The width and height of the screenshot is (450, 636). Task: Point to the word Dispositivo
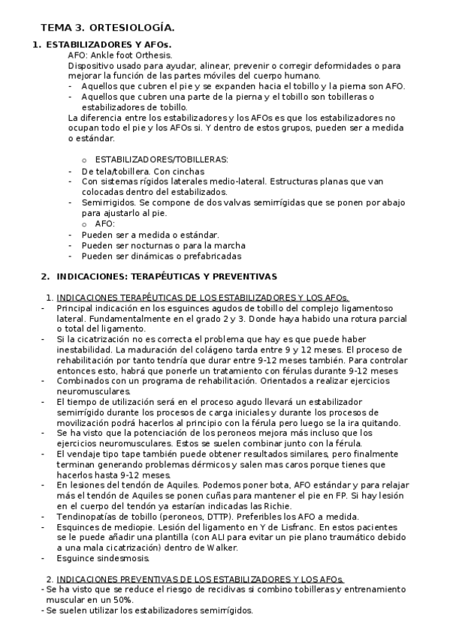92,66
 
